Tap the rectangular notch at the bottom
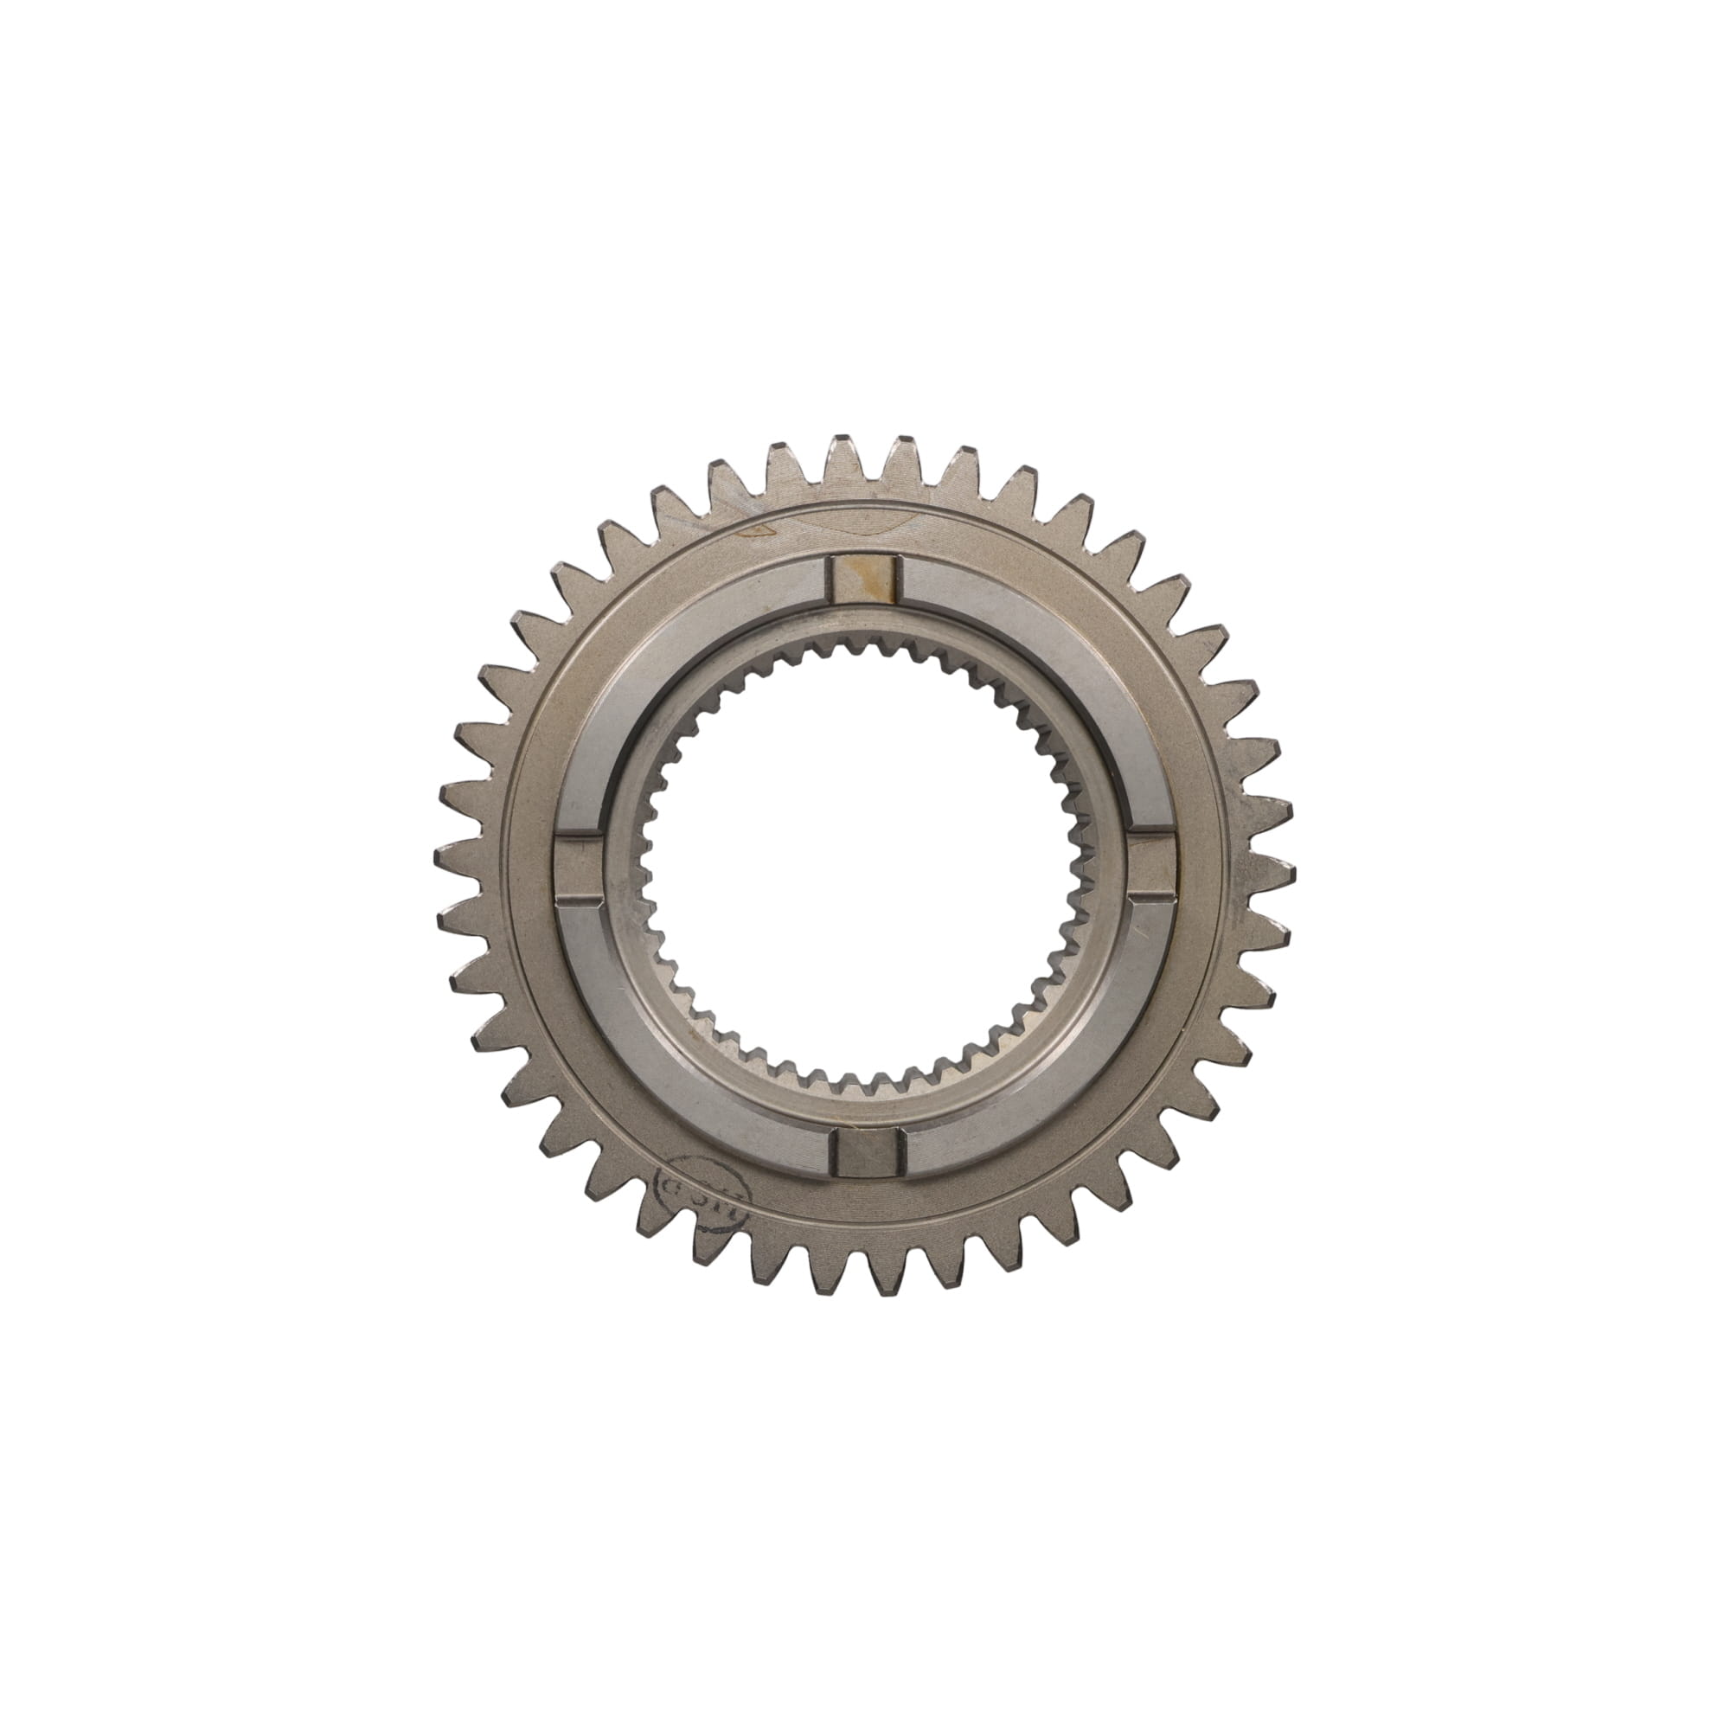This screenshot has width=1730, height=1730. pos(865,1151)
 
